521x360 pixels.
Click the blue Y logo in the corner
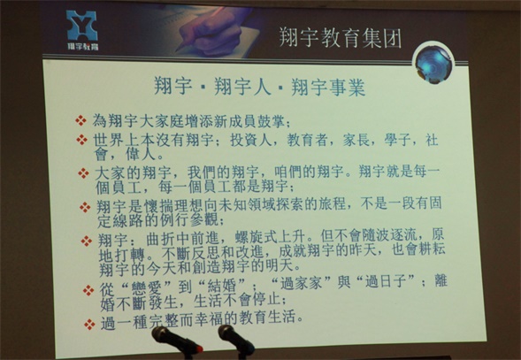pos(81,26)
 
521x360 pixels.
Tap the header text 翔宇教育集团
pos(341,38)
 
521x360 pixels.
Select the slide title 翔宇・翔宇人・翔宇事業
pos(259,87)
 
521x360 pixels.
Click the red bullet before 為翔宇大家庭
pos(80,120)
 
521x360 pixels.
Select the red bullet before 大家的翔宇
pos(83,173)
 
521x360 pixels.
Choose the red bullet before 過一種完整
pos(89,324)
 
